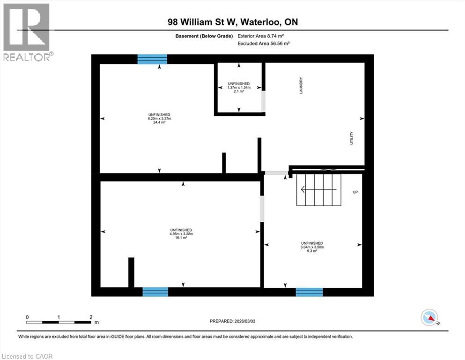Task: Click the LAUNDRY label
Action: coord(302,86)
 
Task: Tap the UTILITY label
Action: coord(351,138)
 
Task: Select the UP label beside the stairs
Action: coord(355,192)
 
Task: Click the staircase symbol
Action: coord(318,189)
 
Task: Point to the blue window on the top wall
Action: coord(152,59)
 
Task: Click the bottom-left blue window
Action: coord(155,292)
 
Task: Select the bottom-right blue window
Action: coord(309,292)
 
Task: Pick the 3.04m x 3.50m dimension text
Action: coord(312,247)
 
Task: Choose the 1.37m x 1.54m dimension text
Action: coord(239,87)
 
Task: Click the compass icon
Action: coord(428,318)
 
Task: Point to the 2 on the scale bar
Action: coord(91,317)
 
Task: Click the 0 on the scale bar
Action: coord(27,317)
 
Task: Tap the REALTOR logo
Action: coord(27,32)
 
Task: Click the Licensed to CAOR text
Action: coord(27,356)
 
